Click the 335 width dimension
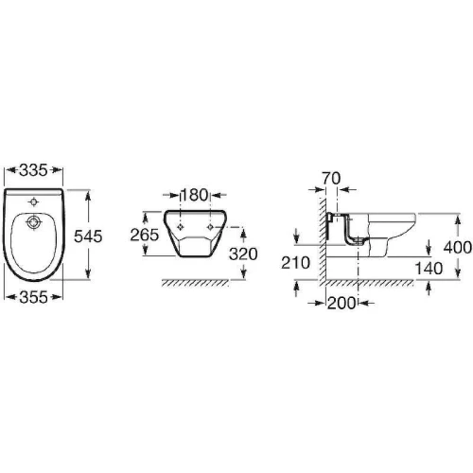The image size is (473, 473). pyautogui.click(x=33, y=170)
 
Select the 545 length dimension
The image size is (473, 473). pyautogui.click(x=88, y=236)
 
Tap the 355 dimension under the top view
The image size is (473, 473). pyautogui.click(x=33, y=297)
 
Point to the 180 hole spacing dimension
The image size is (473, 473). pyautogui.click(x=194, y=195)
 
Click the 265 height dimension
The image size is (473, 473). pyautogui.click(x=145, y=235)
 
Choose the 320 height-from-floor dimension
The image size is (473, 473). pyautogui.click(x=243, y=254)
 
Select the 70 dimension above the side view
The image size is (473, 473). pyautogui.click(x=331, y=179)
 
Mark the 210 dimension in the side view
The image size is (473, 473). pyautogui.click(x=295, y=263)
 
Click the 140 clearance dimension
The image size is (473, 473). pyautogui.click(x=429, y=269)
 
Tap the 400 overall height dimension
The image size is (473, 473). pyautogui.click(x=458, y=247)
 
